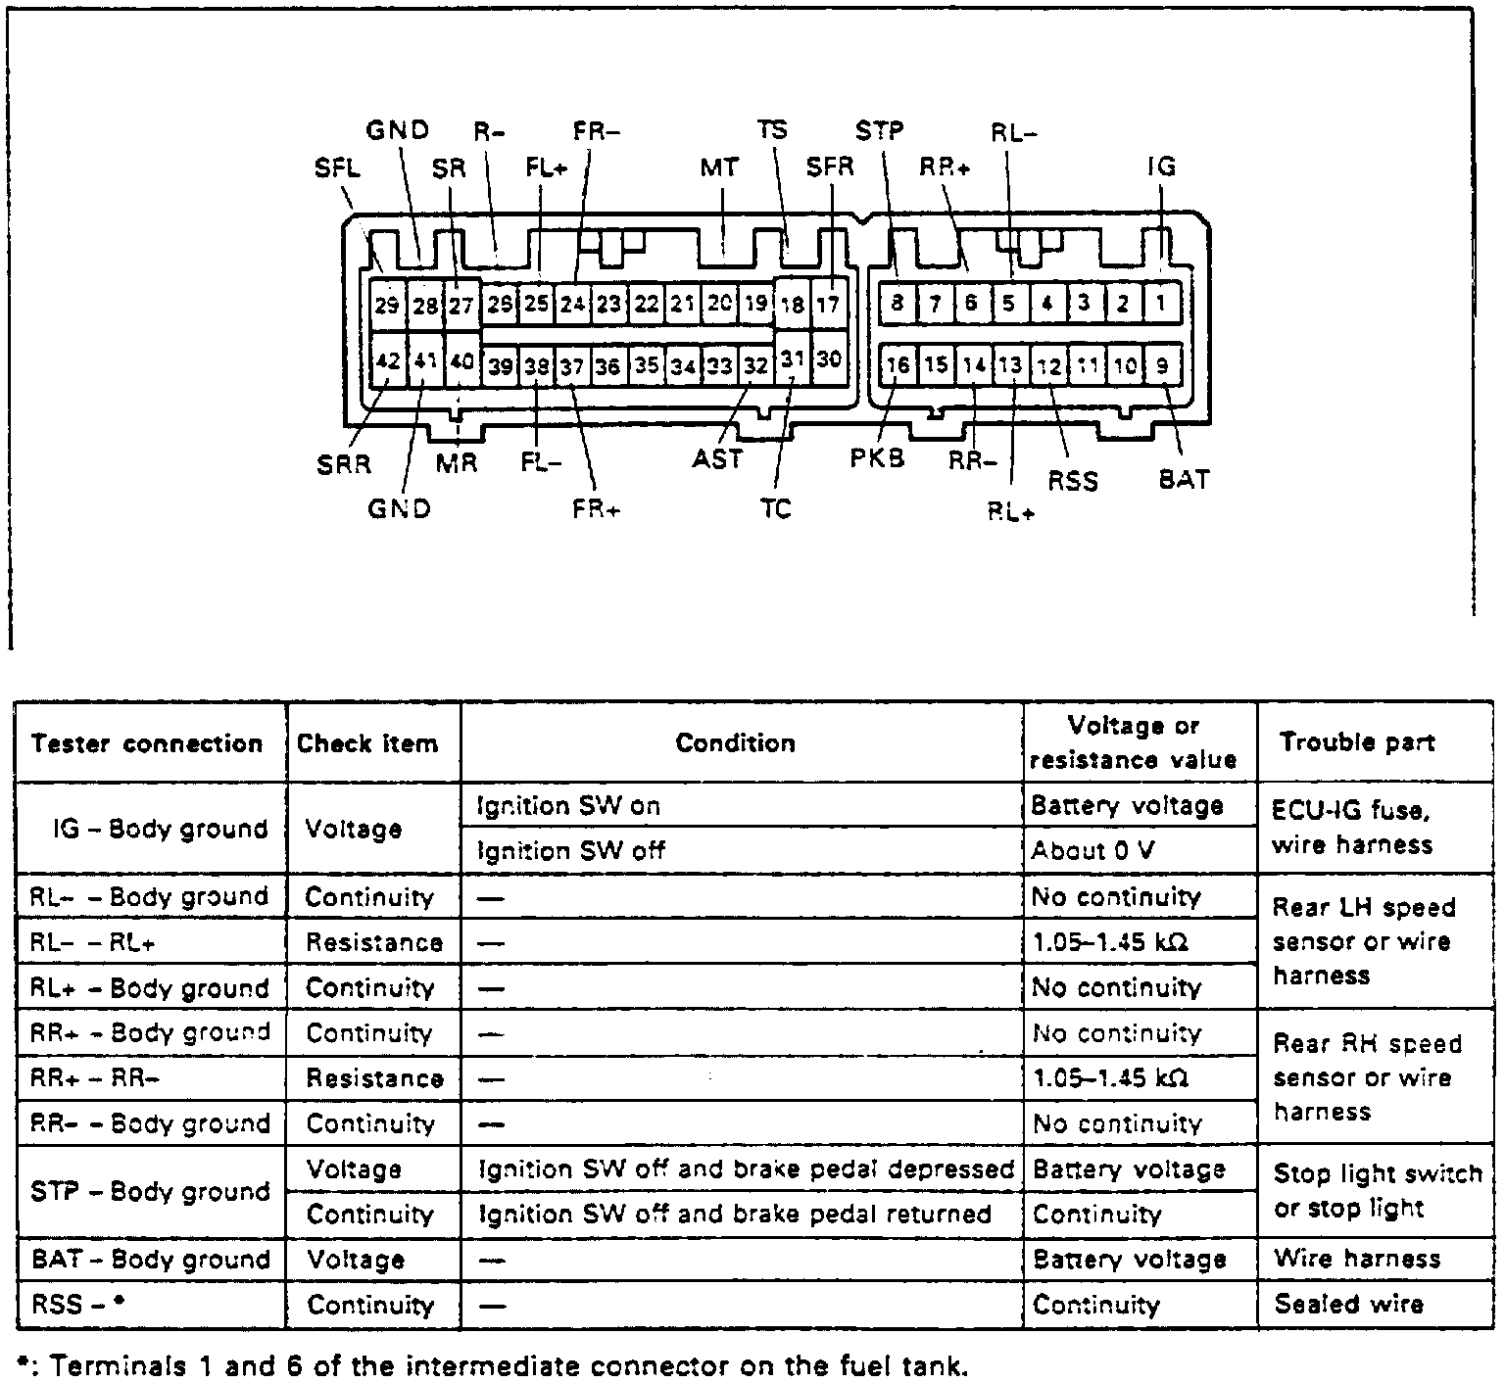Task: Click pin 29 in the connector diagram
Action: [388, 305]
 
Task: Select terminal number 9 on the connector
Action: [1163, 366]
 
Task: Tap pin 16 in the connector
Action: [898, 366]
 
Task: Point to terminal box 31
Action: [793, 359]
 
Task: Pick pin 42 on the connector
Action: [388, 361]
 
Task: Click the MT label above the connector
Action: [719, 168]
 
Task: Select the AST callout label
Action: [717, 458]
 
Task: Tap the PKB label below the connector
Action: [877, 457]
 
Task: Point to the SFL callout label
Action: [337, 168]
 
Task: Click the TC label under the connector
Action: [774, 509]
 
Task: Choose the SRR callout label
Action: [344, 464]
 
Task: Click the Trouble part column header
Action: [1357, 742]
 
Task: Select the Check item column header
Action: [367, 743]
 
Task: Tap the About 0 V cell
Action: [1092, 851]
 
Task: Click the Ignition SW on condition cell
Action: [568, 806]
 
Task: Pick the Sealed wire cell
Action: [1348, 1305]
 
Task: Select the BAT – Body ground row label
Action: [149, 1260]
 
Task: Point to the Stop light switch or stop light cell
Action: [1377, 1191]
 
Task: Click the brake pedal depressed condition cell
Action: [745, 1169]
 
